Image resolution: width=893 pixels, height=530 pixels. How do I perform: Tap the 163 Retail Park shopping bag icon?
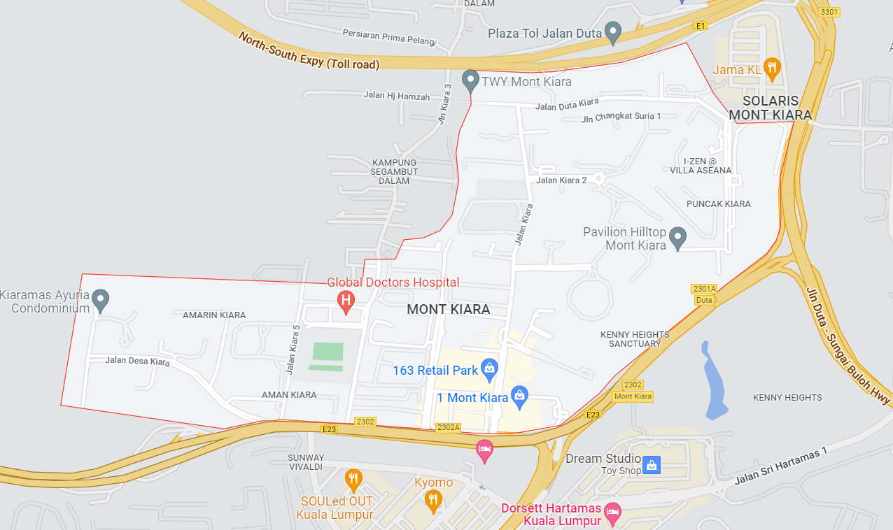(x=489, y=367)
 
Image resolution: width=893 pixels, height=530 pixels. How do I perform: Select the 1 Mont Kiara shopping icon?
(x=519, y=396)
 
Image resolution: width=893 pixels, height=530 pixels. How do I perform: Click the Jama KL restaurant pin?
(x=771, y=68)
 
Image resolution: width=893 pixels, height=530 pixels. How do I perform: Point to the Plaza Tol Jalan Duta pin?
(x=613, y=31)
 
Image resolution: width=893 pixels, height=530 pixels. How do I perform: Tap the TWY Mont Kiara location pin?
(x=470, y=79)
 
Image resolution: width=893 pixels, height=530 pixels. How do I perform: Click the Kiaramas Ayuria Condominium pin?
(x=101, y=300)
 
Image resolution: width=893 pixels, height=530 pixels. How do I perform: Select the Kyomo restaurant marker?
(x=433, y=499)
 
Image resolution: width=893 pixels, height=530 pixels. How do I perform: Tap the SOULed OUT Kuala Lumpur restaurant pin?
(x=354, y=480)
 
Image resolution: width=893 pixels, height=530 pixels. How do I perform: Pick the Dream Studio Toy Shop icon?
(x=652, y=464)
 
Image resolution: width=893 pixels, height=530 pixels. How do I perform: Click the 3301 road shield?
(x=829, y=12)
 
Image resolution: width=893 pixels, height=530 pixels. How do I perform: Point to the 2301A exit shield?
(x=704, y=289)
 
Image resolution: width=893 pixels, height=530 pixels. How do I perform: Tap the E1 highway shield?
(x=701, y=26)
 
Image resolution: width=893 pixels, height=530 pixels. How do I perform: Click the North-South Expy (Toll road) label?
(x=309, y=50)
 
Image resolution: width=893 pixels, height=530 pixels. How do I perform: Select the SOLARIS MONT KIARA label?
(x=770, y=108)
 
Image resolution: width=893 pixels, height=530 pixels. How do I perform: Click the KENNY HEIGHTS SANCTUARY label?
(x=635, y=339)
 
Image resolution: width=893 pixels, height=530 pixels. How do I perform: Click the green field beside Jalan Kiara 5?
(x=328, y=352)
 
